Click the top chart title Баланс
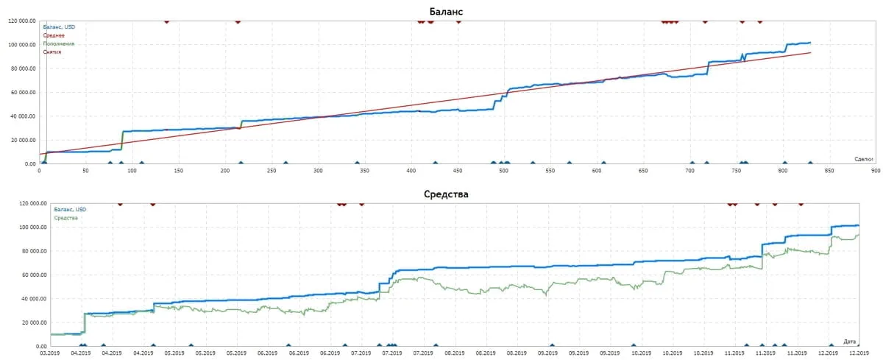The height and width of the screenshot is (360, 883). pos(446,11)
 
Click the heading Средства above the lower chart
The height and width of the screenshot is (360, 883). pos(446,194)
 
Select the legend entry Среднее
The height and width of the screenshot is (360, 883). pos(54,35)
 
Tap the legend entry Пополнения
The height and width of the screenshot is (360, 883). pos(59,43)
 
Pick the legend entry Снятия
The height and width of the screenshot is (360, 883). pos(52,52)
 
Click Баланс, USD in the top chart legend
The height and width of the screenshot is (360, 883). pos(59,27)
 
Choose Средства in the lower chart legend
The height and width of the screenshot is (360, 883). pos(66,218)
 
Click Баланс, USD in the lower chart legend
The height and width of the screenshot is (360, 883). pos(71,210)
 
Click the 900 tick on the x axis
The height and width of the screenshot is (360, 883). pos(875,171)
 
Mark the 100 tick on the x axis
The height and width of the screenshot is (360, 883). pos(132,171)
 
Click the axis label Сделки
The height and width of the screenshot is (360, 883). pos(863,159)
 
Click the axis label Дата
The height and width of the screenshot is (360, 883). pos(850,342)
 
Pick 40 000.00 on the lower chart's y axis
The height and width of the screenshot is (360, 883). pos(33,299)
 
